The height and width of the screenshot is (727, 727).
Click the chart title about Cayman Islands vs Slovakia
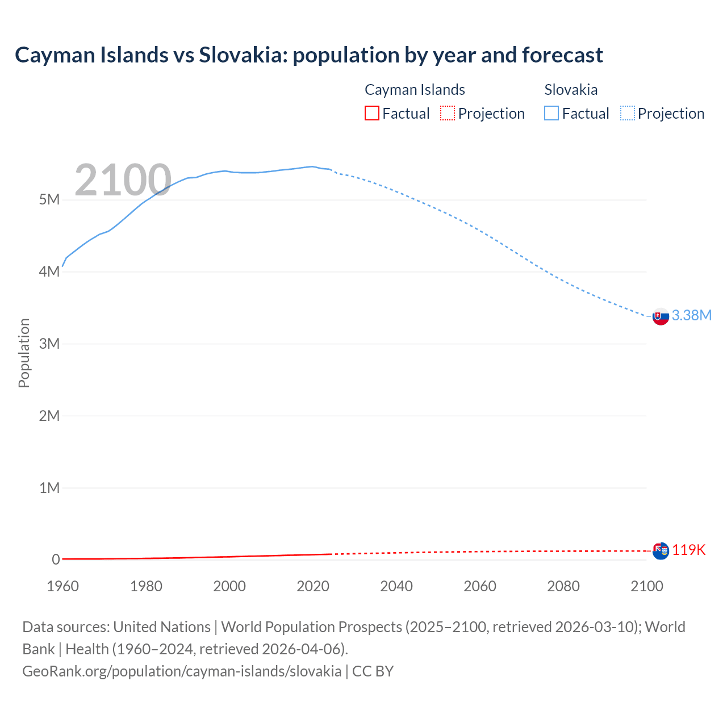point(308,55)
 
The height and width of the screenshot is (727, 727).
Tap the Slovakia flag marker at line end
point(661,316)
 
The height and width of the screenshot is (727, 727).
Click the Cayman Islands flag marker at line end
point(661,550)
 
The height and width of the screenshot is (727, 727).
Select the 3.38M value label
point(691,316)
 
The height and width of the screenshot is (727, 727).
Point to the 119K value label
point(689,550)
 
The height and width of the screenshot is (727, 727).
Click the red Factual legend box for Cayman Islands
point(371,114)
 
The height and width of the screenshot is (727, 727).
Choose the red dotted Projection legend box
point(448,114)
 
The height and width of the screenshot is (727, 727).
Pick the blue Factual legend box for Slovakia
point(551,114)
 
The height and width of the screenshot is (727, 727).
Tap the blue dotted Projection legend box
point(627,114)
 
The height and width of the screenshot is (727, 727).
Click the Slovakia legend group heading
point(571,90)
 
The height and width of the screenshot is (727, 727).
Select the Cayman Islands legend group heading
point(415,90)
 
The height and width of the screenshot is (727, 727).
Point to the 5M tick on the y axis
point(49,200)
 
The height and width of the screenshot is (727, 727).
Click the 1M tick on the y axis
point(49,488)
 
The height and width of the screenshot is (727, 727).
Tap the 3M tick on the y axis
point(49,344)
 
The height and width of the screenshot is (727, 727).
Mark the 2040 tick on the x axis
point(396,586)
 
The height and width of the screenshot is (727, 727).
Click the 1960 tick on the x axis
point(63,586)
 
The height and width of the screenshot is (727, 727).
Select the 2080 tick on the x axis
point(563,586)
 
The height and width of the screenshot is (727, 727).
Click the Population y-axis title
point(24,353)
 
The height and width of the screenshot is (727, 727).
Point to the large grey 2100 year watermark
point(123,180)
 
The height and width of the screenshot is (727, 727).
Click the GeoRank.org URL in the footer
point(182,671)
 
